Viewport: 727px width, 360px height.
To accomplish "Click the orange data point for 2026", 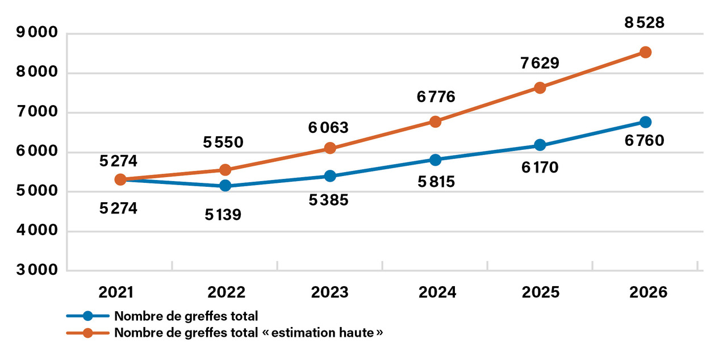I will tap(645, 52).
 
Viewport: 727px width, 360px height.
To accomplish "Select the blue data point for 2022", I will tap(225, 186).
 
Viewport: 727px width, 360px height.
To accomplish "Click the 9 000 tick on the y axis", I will tap(37, 33).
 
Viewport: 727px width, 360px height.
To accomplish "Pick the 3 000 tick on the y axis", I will tap(37, 270).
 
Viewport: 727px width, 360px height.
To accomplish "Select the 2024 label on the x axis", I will tap(437, 292).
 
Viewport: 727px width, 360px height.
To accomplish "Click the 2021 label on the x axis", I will tap(116, 292).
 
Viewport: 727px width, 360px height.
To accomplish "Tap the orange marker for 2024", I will tap(436, 122).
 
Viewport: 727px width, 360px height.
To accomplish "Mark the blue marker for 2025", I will tap(540, 145).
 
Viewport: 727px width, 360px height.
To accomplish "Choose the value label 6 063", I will tap(328, 128).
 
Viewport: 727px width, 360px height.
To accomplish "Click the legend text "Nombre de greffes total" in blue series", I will tap(186, 316).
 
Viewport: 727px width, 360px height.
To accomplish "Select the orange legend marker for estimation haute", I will tap(88, 333).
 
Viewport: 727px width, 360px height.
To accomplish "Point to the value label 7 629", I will tap(539, 62).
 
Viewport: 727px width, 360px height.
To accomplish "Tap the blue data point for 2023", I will tap(330, 176).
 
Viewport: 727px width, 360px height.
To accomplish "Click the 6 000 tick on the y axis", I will tap(37, 152).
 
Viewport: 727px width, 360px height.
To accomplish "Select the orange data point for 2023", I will tap(330, 148).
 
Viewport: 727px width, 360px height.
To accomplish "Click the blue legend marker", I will tap(88, 316).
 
